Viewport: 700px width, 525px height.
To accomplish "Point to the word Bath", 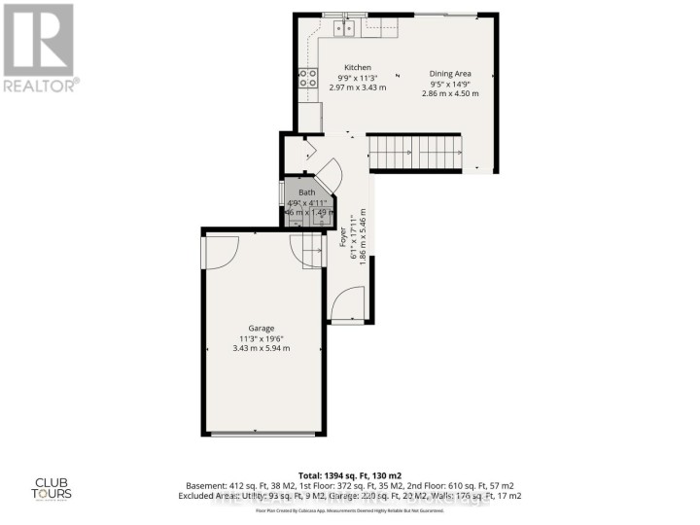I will point(307,193).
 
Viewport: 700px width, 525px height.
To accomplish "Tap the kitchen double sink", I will point(343,29).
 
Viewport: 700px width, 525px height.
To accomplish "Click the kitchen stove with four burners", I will point(309,78).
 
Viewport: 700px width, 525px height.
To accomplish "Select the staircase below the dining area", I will point(414,152).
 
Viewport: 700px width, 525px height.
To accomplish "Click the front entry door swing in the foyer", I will point(346,306).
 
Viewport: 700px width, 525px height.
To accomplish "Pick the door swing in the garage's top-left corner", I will point(219,252).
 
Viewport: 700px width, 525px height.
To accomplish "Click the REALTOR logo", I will point(39,48).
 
